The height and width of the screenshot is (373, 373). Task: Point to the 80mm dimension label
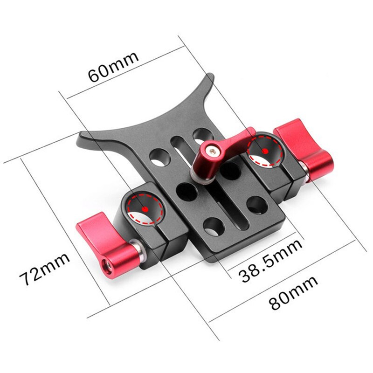point(294,292)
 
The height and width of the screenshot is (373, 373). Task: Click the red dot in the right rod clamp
point(265,151)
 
